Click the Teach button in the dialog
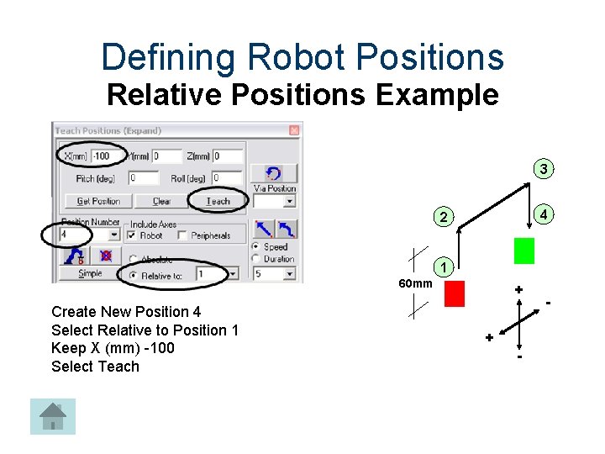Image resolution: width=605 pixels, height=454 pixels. pyautogui.click(x=218, y=201)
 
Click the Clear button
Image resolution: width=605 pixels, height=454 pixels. pyautogui.click(x=161, y=201)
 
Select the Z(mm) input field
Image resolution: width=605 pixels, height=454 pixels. pyautogui.click(x=227, y=156)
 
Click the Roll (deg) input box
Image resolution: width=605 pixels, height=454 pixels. pyautogui.click(x=227, y=178)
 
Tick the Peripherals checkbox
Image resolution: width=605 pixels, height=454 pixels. pyautogui.click(x=182, y=235)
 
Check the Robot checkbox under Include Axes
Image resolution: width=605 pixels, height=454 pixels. pyautogui.click(x=133, y=235)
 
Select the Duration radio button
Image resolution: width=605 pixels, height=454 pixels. pyautogui.click(x=255, y=259)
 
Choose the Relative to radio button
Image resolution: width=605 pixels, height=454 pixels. pyautogui.click(x=133, y=274)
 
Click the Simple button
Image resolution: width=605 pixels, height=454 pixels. pyautogui.click(x=90, y=273)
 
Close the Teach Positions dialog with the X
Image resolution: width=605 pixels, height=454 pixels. pyautogui.click(x=294, y=130)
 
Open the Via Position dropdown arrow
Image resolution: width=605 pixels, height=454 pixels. pyautogui.click(x=290, y=202)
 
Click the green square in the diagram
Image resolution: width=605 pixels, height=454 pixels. pyautogui.click(x=524, y=251)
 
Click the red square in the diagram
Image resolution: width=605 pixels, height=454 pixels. pyautogui.click(x=455, y=293)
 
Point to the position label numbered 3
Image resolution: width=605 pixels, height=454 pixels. pyautogui.click(x=544, y=170)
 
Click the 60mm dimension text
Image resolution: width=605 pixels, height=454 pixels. pyautogui.click(x=415, y=283)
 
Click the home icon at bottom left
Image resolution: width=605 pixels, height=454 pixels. pyautogui.click(x=53, y=416)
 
